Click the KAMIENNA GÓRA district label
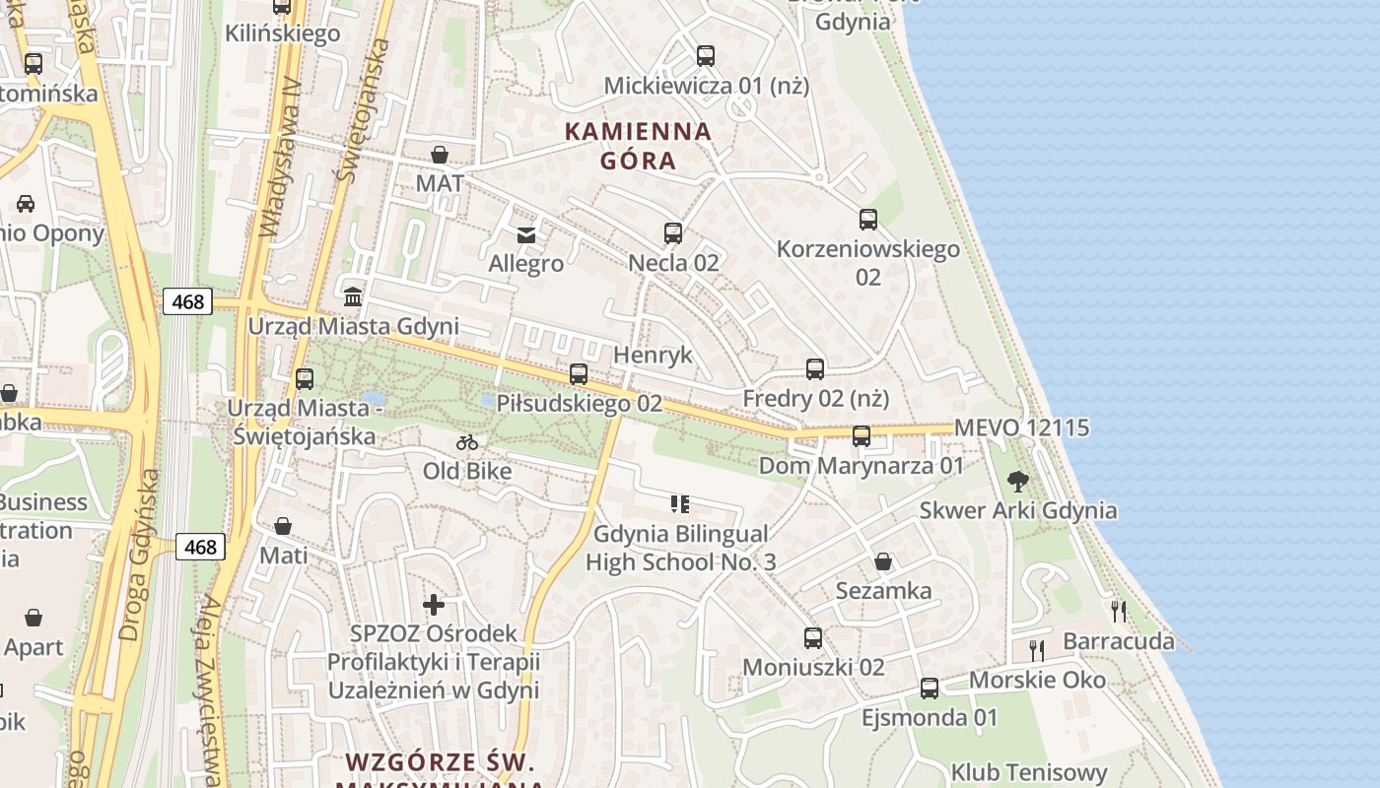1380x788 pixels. tap(638, 145)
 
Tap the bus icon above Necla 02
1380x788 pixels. tap(673, 233)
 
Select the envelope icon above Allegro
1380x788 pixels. tap(526, 234)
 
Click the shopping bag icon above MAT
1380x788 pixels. tap(440, 155)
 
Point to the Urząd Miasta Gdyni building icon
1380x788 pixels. tap(353, 296)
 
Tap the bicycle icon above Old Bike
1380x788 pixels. tap(467, 442)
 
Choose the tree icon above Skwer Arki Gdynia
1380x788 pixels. tap(1018, 482)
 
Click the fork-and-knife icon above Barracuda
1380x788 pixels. tap(1119, 612)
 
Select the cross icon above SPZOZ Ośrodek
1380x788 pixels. tap(434, 604)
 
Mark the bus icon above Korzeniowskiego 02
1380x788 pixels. tap(868, 220)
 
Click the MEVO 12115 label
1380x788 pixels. tap(1022, 427)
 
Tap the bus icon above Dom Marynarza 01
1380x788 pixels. tap(862, 435)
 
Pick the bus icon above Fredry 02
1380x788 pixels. tap(815, 369)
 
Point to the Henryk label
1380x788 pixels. tap(653, 355)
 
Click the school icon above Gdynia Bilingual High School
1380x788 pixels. tap(680, 504)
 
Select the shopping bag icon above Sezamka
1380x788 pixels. tap(883, 561)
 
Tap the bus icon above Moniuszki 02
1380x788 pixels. tap(813, 638)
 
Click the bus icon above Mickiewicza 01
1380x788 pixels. tap(706, 56)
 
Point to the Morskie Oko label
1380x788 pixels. tap(1037, 680)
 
